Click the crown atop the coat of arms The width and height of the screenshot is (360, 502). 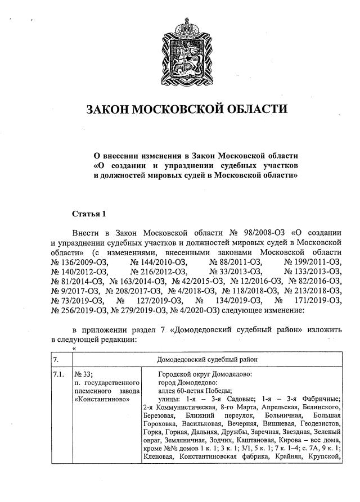186,26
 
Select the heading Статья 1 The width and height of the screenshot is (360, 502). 89,214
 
